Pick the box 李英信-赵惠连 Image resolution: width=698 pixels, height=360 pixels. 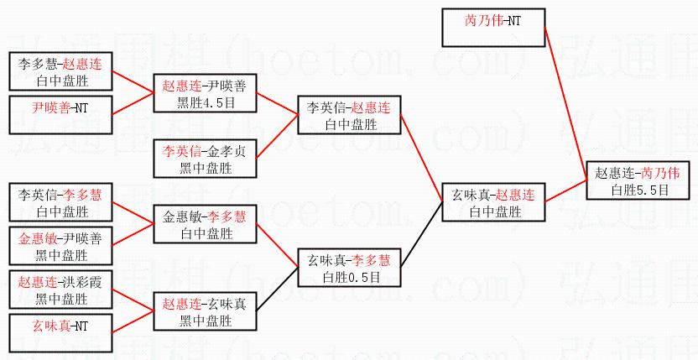coord(349,116)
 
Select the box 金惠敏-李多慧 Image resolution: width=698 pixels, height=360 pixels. coord(205,225)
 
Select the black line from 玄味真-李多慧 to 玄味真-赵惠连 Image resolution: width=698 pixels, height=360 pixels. coord(421,235)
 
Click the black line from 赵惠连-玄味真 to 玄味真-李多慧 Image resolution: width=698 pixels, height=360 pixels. coord(278,290)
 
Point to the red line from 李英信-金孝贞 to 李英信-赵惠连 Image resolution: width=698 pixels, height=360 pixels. coord(278,138)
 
